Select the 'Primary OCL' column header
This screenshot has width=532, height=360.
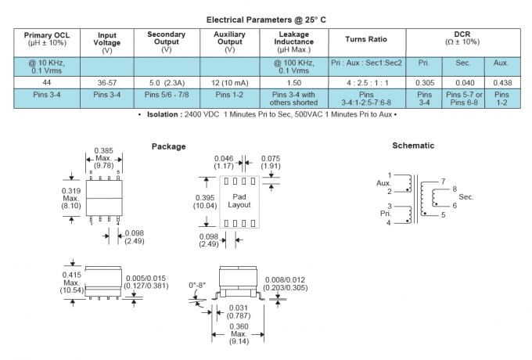(x=48, y=39)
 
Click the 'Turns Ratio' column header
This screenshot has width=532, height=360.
(x=365, y=39)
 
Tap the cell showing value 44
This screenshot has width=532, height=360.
(x=48, y=81)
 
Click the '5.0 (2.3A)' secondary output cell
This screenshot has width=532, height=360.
(x=166, y=81)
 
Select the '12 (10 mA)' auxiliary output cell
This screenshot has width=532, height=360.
(x=229, y=81)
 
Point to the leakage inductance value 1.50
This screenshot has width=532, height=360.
(x=294, y=81)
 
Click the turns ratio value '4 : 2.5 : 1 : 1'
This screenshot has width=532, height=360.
(x=365, y=81)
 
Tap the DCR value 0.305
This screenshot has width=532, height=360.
(x=424, y=81)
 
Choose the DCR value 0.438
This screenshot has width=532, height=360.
(x=502, y=81)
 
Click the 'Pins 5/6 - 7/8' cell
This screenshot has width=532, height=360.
(x=166, y=94)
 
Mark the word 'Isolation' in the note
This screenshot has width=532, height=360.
(x=164, y=114)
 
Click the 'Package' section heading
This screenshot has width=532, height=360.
(x=168, y=146)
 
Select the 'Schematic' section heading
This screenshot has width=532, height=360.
(x=414, y=146)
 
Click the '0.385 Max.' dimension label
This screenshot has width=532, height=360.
(x=104, y=154)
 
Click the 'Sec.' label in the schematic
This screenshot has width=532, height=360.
(x=466, y=196)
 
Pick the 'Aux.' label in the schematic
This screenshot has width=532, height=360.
(x=383, y=183)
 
